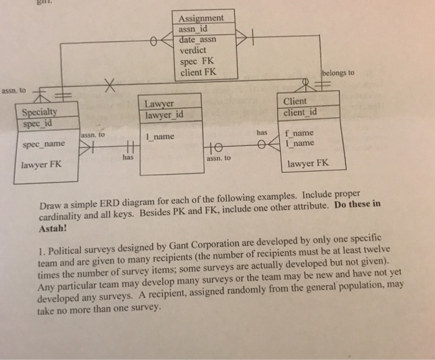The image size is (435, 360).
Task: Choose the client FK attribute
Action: pos(198,73)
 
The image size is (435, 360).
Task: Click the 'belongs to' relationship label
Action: pos(339,73)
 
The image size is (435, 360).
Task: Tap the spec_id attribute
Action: pos(37,122)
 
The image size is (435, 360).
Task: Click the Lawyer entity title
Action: pos(160,104)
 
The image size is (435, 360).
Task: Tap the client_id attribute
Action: pos(300,113)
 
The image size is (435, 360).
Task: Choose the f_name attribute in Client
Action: pos(300,133)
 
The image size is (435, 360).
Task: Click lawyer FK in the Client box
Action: pos(307,164)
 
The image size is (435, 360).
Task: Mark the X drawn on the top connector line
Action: pos(110,85)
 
